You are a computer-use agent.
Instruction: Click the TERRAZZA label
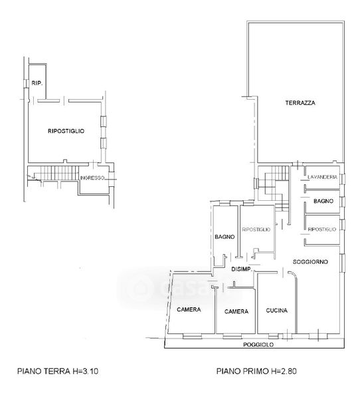click(300, 103)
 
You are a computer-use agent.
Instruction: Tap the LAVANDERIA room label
click(322, 177)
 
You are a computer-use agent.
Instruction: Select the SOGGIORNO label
click(310, 262)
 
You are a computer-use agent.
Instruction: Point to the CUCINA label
click(276, 311)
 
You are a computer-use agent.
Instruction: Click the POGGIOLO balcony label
click(258, 344)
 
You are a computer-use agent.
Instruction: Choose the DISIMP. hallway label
click(242, 269)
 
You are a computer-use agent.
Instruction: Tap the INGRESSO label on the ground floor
click(92, 178)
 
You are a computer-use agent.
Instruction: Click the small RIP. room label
click(37, 83)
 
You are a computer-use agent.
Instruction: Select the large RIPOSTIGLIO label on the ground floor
click(66, 131)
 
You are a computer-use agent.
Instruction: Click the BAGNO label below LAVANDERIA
click(323, 201)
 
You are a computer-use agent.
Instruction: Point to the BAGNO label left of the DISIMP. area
click(225, 237)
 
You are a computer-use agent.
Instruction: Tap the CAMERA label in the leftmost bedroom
click(189, 309)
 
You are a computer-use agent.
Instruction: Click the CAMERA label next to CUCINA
click(236, 311)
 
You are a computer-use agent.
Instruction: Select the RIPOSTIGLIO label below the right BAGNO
click(322, 229)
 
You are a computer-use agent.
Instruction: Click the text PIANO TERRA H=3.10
click(58, 371)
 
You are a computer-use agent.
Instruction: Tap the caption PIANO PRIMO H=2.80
click(256, 371)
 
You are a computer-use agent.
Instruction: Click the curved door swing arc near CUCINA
click(293, 275)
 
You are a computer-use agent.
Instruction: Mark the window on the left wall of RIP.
click(26, 84)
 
